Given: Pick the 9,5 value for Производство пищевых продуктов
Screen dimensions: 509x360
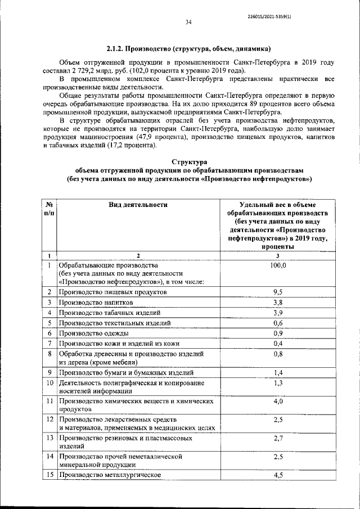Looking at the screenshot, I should point(278,292).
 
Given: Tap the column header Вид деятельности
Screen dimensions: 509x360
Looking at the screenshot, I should point(138,205).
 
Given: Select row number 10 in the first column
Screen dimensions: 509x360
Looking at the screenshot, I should point(49,399).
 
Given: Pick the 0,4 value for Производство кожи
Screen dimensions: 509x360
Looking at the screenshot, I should point(278,343).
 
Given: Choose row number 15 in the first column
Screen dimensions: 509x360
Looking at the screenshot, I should point(49,475).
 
